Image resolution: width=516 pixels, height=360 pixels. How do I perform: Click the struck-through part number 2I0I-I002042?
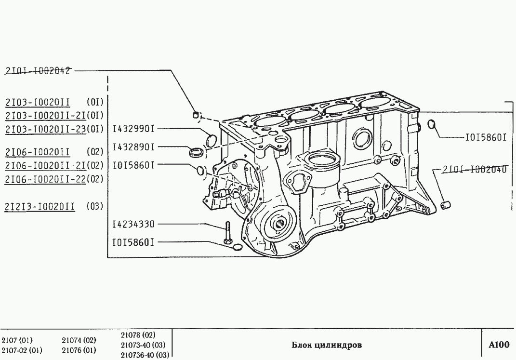coord(38,70)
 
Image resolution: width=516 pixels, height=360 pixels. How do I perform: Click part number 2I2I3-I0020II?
coord(40,207)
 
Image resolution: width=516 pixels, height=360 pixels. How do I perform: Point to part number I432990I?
coord(133,129)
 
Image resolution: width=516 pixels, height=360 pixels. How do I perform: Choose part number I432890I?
coord(133,147)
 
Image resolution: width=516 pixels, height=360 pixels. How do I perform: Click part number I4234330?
coord(133,224)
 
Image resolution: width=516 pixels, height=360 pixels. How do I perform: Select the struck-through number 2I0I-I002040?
coord(474,169)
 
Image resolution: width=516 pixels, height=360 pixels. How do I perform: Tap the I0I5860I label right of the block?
coord(485,137)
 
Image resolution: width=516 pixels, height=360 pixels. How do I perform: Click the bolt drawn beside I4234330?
coord(227,233)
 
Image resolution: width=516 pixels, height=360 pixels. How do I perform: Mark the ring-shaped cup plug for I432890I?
coord(196,153)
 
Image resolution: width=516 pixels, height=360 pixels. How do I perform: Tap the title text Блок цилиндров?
coord(327,345)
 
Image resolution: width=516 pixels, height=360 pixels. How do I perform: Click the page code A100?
coord(499,345)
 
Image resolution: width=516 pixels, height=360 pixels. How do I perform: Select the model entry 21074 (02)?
coord(79,340)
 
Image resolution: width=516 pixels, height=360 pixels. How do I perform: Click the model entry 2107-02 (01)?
coord(21,349)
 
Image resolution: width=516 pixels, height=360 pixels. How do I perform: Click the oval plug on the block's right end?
coord(432,124)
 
